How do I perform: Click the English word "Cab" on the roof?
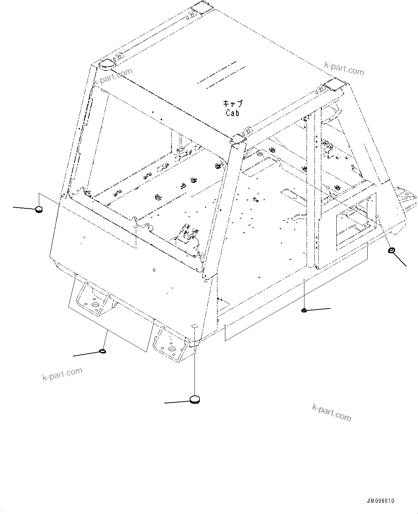click(233, 113)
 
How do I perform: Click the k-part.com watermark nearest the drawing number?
click(331, 412)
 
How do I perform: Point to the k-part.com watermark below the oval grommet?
click(62, 374)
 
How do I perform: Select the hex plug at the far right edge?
click(391, 250)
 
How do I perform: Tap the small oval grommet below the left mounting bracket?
click(102, 351)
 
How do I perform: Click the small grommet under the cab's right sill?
click(304, 310)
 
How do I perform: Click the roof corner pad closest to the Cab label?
click(238, 140)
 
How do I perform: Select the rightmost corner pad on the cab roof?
click(335, 85)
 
